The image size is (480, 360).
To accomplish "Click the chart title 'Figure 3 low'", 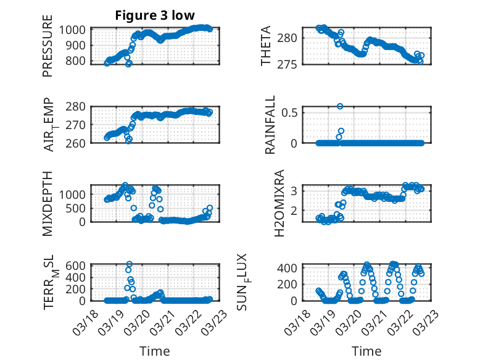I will click(x=155, y=16).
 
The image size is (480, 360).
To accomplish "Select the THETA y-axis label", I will click(x=266, y=46).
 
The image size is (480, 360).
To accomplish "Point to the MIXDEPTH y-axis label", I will click(x=48, y=203).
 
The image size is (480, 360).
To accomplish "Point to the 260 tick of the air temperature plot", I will click(x=77, y=143).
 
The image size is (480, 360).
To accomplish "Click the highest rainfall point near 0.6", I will click(x=340, y=106).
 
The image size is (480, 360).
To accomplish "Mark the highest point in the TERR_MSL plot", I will click(x=129, y=264).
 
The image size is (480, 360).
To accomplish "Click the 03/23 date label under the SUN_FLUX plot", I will click(x=426, y=322).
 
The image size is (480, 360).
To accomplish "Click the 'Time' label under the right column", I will click(x=366, y=351).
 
